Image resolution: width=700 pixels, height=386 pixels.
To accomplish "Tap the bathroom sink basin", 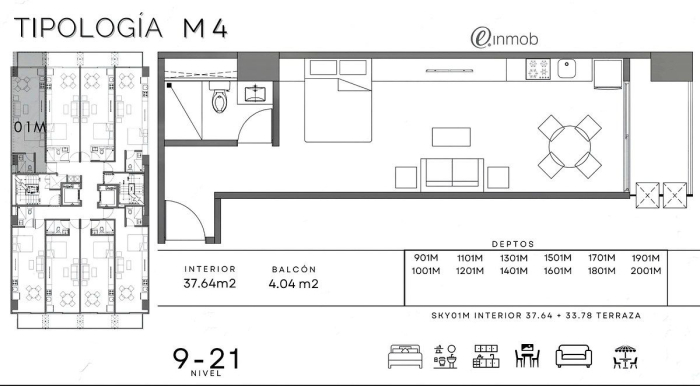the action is tap(255, 94).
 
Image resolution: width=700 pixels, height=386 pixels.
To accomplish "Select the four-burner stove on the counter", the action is tap(538, 69).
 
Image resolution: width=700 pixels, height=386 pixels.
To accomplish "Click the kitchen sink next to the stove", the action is tap(566, 69).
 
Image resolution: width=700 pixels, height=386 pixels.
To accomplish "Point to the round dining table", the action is tap(570, 147).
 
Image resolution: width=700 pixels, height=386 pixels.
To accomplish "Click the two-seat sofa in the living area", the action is tap(452, 174).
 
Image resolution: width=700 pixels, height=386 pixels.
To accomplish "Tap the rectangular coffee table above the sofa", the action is tap(451, 137).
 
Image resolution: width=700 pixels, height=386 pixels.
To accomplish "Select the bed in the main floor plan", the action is tap(338, 100).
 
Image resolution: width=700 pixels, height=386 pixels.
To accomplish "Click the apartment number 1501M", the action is tap(557, 258).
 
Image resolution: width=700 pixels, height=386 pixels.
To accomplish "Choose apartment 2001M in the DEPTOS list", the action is tap(646, 271).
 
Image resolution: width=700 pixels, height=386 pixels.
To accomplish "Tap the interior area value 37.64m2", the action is tap(209, 283).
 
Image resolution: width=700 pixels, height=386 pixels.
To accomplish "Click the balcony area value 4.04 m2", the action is tap(293, 284).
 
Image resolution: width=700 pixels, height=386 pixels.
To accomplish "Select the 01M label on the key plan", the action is tap(29, 127).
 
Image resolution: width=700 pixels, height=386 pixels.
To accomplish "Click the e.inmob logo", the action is tap(504, 38).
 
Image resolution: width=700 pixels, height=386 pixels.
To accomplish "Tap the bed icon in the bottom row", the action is tap(405, 357).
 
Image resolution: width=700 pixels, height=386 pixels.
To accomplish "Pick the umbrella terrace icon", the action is tap(625, 357).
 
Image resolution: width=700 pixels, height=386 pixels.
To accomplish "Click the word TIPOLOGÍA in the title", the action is tap(88, 27).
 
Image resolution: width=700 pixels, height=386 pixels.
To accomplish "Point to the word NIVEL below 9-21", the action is tap(206, 373).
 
